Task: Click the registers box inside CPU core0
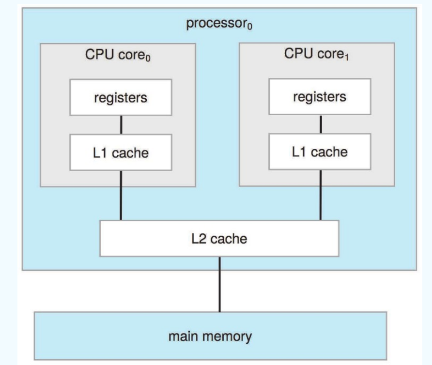tap(121, 98)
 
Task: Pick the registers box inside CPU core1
tap(320, 97)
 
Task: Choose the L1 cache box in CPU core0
tap(121, 153)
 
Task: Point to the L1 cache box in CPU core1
tap(320, 152)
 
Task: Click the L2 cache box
tap(219, 238)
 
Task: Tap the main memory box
tap(210, 335)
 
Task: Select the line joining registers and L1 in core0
tap(121, 125)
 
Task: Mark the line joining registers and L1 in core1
tap(320, 124)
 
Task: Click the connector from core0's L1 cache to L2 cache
tap(121, 195)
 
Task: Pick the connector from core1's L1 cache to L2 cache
tap(320, 195)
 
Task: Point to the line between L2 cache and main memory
tap(219, 284)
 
